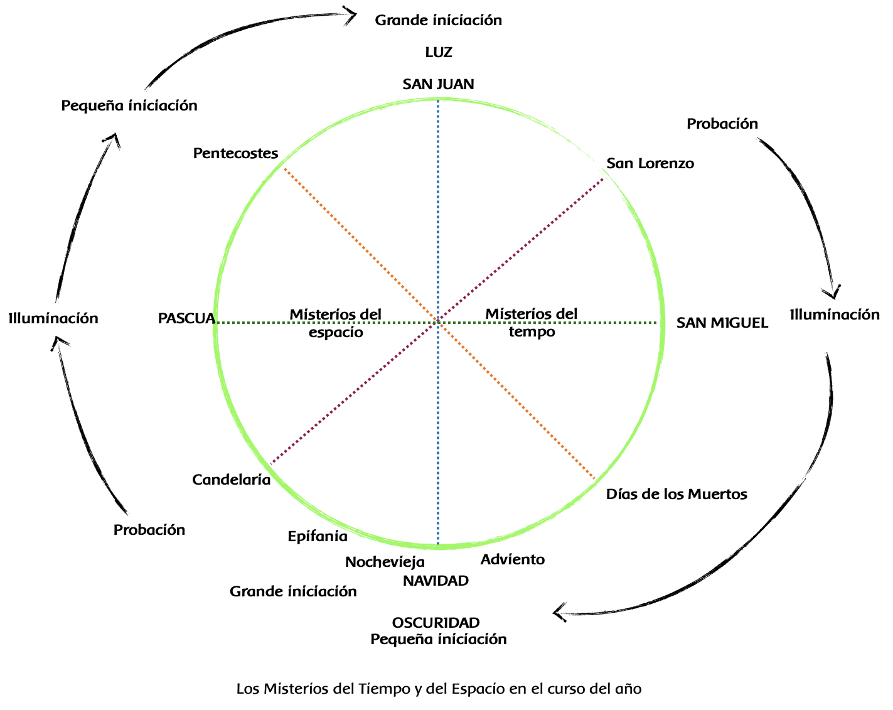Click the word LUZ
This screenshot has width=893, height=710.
coord(439,52)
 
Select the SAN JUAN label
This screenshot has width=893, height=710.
coord(439,84)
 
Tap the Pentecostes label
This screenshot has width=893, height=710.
coord(235,153)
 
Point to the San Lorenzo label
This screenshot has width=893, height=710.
coord(650,164)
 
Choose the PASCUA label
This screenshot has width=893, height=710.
coord(186,319)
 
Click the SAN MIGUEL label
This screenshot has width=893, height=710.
coord(722,323)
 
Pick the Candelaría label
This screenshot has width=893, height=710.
coord(231,480)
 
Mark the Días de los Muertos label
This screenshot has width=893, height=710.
coord(676,495)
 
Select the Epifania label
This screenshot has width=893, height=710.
coord(318,536)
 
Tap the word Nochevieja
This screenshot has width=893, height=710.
coord(385,562)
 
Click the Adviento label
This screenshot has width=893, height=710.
coord(513,560)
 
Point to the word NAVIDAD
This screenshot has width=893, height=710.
coord(436,581)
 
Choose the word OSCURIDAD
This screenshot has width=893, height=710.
coord(436,623)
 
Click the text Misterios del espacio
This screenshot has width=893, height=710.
coord(336,323)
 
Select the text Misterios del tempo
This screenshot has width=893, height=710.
coord(532,323)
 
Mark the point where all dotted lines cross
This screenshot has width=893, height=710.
coord(437,322)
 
